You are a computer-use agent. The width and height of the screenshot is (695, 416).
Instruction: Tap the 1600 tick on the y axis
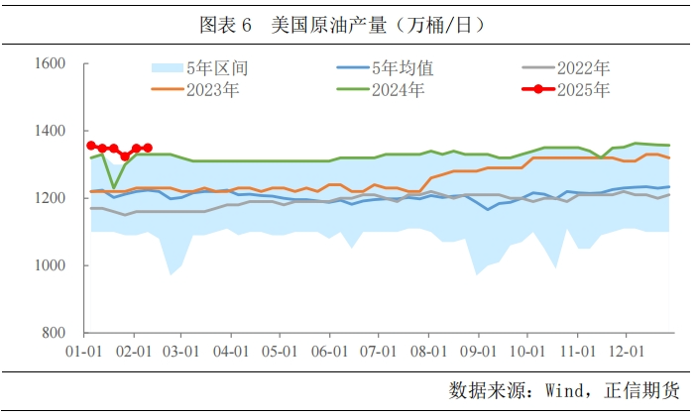click(x=50, y=64)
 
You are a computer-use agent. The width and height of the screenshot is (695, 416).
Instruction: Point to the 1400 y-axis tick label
click(x=50, y=132)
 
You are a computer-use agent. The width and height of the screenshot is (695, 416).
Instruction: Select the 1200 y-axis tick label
click(x=50, y=199)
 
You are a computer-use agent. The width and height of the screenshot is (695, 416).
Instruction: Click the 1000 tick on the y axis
click(x=50, y=266)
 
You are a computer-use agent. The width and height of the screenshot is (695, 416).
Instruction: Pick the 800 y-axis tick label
click(x=54, y=334)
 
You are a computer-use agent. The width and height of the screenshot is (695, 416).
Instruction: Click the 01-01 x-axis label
click(x=81, y=352)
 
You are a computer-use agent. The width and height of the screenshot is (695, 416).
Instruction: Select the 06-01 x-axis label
click(x=329, y=352)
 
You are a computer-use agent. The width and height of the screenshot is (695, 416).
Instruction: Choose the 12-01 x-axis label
click(x=626, y=352)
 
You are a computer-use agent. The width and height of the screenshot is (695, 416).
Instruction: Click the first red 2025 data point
click(x=91, y=146)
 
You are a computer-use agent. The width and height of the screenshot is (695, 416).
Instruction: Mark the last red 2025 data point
click(x=148, y=149)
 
